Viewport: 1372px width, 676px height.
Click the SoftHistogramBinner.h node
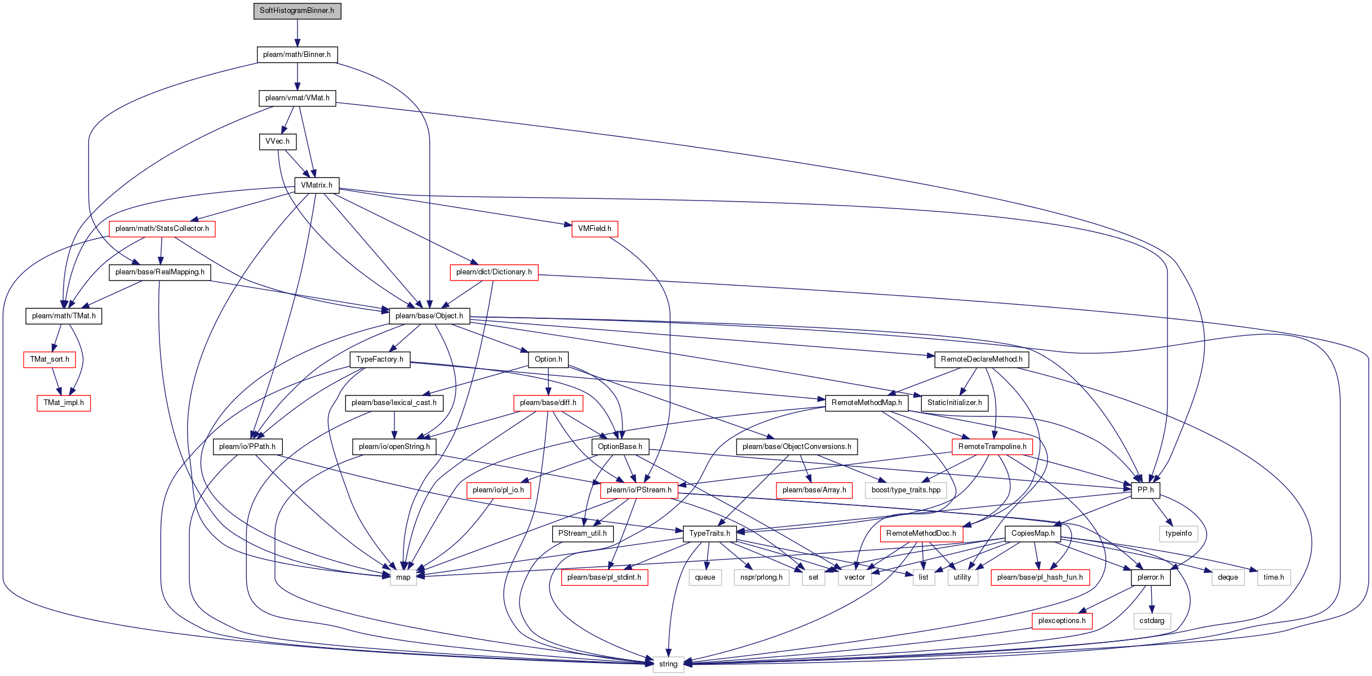pos(297,11)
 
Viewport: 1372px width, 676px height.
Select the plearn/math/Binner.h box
pos(297,55)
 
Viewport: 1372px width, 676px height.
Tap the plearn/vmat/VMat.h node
pos(297,98)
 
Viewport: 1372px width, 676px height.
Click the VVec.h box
pos(277,141)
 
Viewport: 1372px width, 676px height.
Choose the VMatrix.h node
pos(317,185)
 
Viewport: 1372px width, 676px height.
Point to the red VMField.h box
pos(594,229)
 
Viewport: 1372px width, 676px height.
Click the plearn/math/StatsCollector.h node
pos(162,229)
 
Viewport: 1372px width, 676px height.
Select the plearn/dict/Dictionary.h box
pos(494,272)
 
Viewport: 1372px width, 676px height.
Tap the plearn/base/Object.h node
pos(429,316)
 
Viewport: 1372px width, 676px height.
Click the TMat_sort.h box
pos(50,359)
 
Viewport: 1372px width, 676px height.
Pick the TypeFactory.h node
pos(380,359)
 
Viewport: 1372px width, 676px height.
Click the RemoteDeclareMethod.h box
pos(982,359)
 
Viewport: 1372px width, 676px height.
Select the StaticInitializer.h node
pos(954,403)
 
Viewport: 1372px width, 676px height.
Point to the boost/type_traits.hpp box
pos(906,490)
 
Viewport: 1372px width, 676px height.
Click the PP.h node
pos(1145,490)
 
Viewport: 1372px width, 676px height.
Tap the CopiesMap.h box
pos(1033,533)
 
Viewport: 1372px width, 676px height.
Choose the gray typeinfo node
pos(1179,533)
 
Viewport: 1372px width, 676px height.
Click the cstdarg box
pos(1152,621)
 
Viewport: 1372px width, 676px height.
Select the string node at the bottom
pos(668,664)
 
